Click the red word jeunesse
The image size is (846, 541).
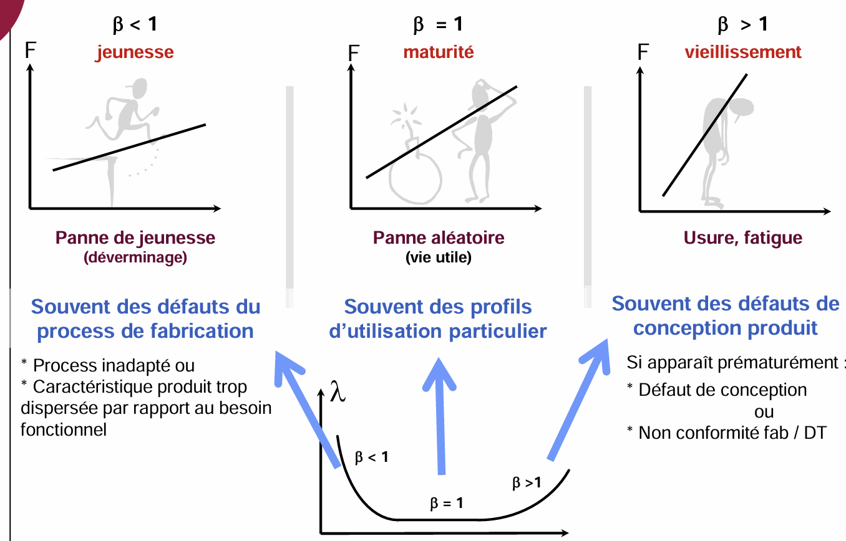(135, 52)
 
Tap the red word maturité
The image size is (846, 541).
(439, 52)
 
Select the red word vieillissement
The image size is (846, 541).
(743, 52)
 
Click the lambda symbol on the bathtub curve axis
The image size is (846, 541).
(338, 391)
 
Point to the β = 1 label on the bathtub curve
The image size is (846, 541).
(447, 503)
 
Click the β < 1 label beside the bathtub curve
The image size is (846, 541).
(372, 457)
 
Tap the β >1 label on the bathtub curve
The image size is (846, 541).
(527, 482)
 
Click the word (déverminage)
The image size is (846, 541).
(135, 257)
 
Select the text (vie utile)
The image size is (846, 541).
(439, 257)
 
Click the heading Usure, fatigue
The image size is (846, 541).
(743, 237)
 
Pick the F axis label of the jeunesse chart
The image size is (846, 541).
(30, 50)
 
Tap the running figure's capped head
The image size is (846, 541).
(139, 88)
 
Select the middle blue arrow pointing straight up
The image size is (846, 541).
(440, 416)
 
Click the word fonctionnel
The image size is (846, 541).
(64, 429)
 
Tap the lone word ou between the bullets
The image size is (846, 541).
(764, 412)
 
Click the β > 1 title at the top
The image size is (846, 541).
(742, 24)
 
